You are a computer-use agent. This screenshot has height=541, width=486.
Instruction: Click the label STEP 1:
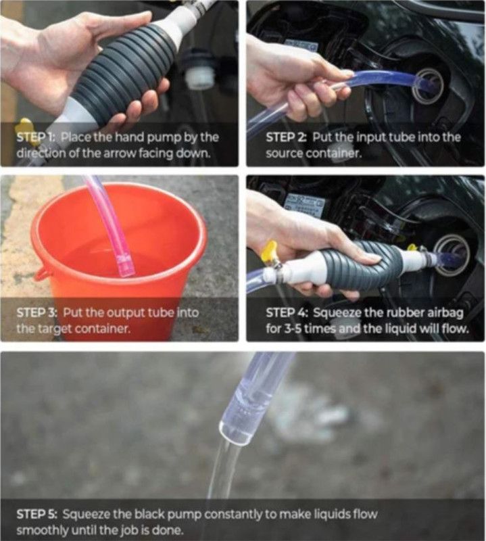[x=36, y=137]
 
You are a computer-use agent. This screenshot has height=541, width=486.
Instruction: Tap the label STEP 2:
[x=286, y=137]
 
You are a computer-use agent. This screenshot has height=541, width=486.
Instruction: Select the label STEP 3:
[x=37, y=312]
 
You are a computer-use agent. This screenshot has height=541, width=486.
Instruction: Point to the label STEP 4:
[x=287, y=312]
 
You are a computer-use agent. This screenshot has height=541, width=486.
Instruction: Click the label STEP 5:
[x=37, y=514]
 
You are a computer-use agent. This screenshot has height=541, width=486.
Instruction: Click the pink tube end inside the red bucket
[x=126, y=266]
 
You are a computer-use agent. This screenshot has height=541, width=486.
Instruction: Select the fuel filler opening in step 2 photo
[x=429, y=87]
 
